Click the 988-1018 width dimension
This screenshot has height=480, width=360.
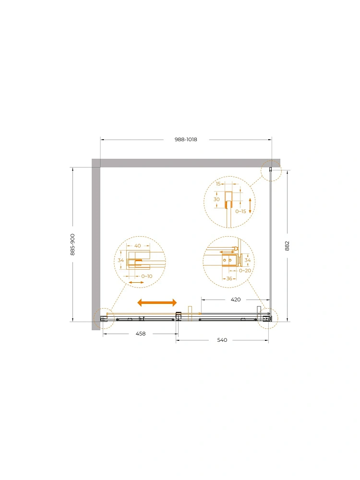186,140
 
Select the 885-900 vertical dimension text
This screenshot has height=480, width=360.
72,245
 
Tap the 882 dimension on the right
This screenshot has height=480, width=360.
287,246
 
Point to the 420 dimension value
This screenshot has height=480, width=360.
236,300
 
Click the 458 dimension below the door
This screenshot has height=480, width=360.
141,334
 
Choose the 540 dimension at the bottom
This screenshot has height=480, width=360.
222,340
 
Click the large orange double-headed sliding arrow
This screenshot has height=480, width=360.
157,303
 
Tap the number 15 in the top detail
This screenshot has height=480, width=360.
218,184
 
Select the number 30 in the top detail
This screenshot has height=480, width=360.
216,199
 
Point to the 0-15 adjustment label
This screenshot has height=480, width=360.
240,211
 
